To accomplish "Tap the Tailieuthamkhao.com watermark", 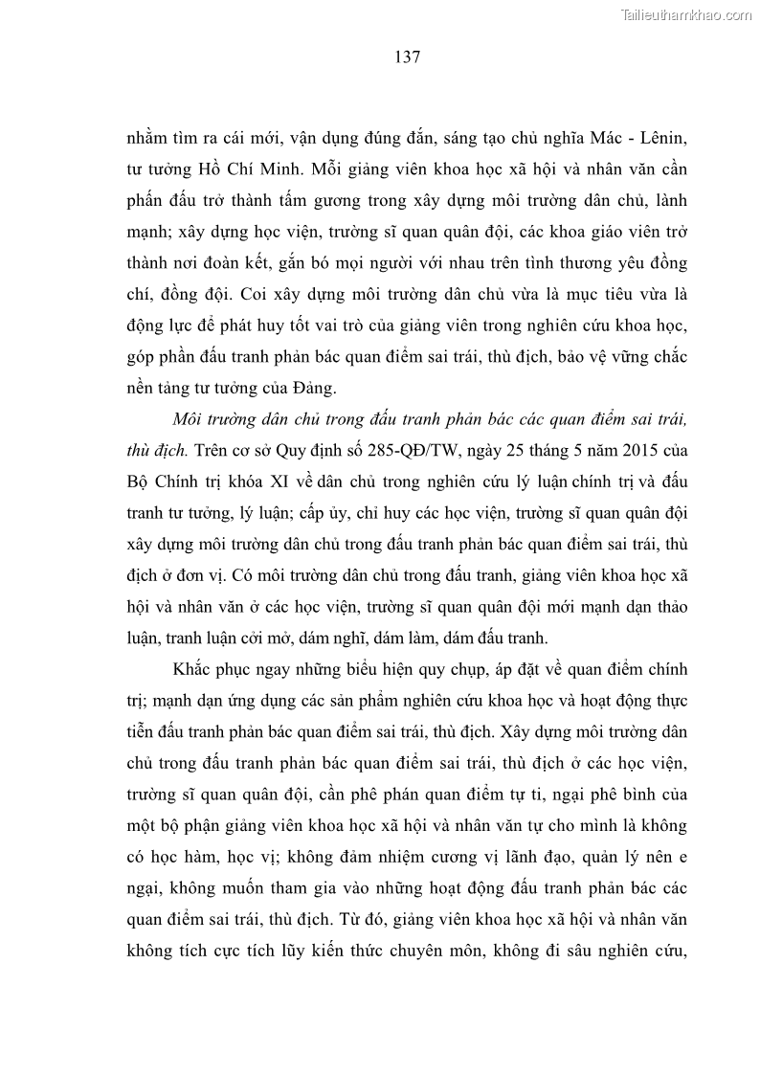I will click(x=687, y=14).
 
